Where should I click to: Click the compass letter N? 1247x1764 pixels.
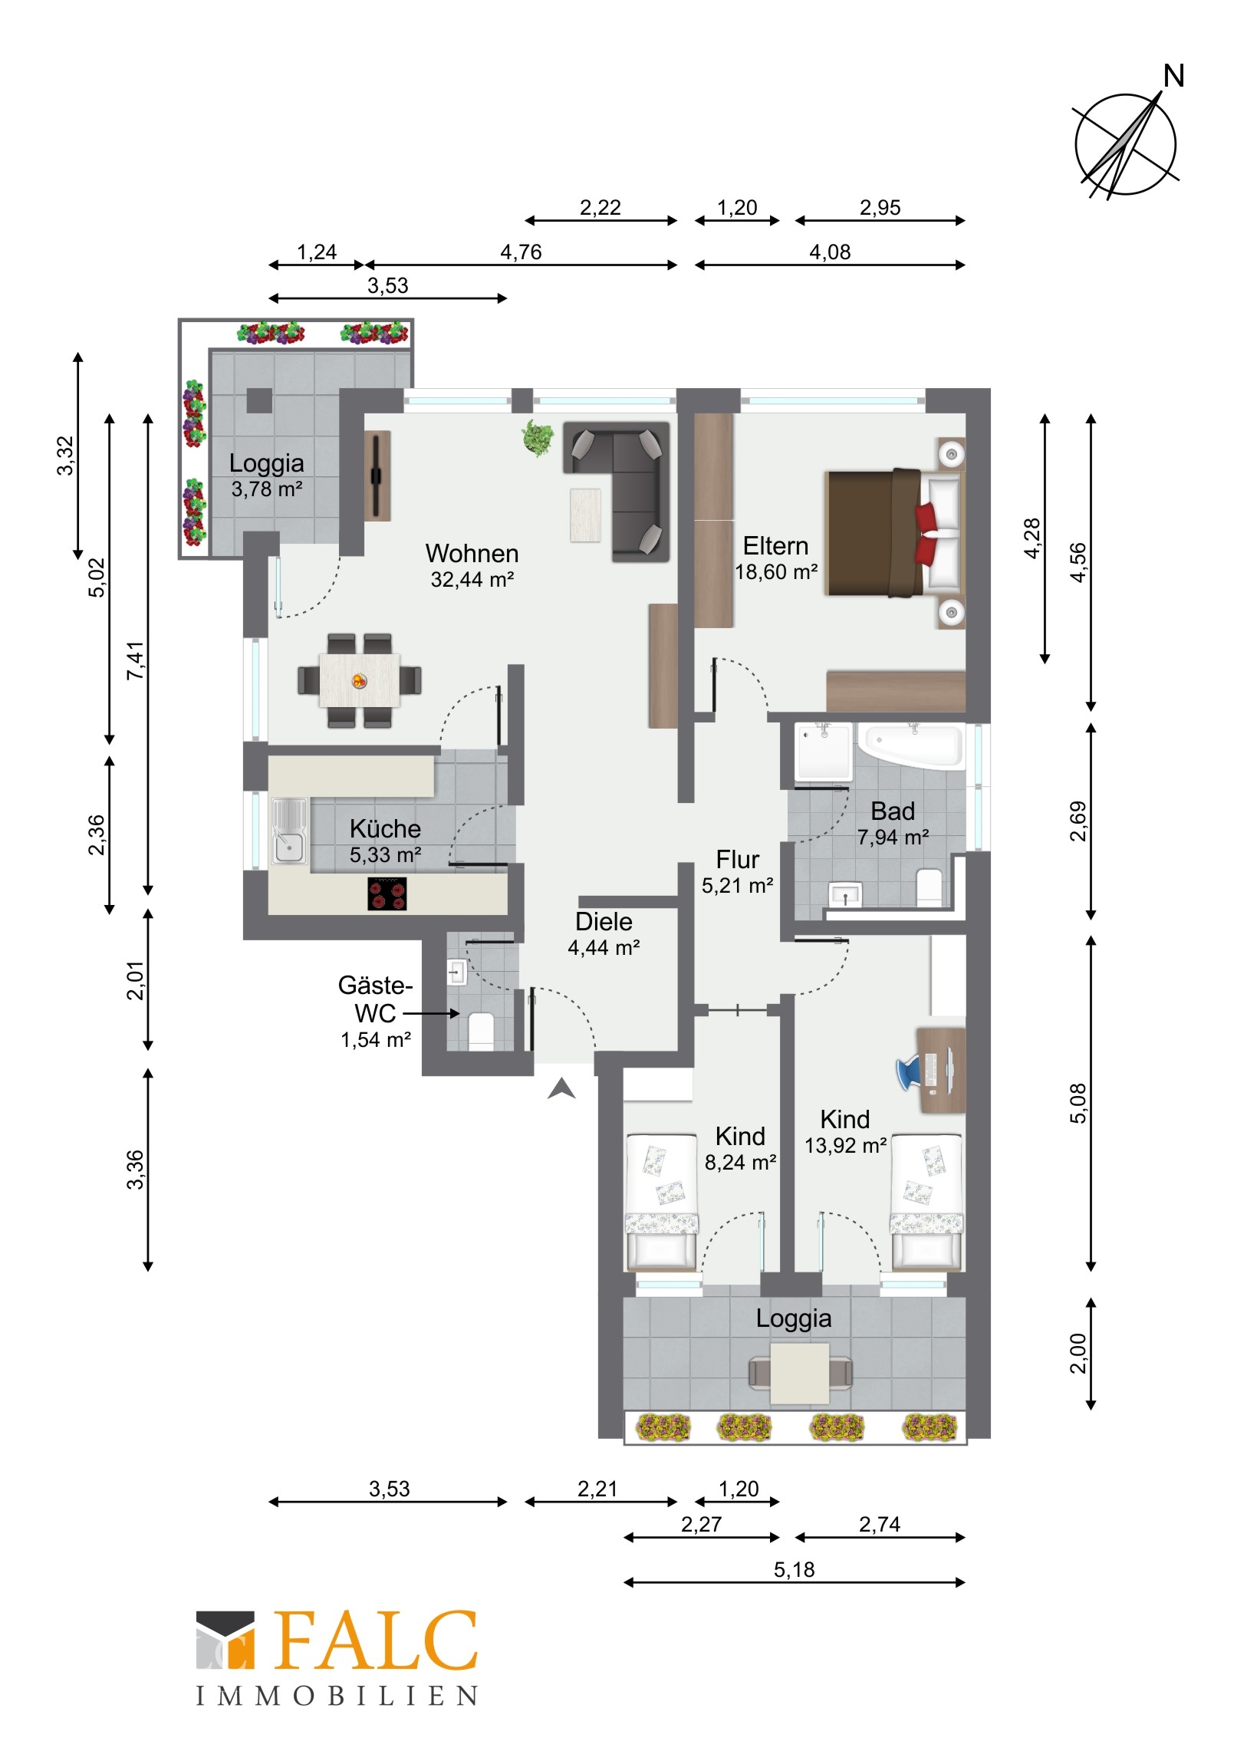coord(1173,76)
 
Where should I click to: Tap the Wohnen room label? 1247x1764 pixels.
coord(472,553)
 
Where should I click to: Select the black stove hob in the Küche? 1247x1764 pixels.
coord(387,894)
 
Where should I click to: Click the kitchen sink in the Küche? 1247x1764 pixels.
coord(289,831)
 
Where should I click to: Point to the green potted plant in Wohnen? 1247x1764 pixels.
coord(538,438)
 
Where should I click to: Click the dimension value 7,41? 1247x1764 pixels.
coord(135,660)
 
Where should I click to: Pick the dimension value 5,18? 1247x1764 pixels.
coord(794,1570)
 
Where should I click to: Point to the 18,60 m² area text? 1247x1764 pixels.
coord(776,572)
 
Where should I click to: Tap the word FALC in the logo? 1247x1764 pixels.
coord(376,1641)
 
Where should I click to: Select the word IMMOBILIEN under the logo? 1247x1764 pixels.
coord(337,1697)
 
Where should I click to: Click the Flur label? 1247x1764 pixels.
coord(738,859)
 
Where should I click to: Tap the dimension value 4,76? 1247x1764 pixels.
coord(521,252)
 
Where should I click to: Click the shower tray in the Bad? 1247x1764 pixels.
coord(824,752)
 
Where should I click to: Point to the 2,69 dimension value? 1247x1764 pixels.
coord(1079,821)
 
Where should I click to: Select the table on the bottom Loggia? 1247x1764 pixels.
coord(800,1374)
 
